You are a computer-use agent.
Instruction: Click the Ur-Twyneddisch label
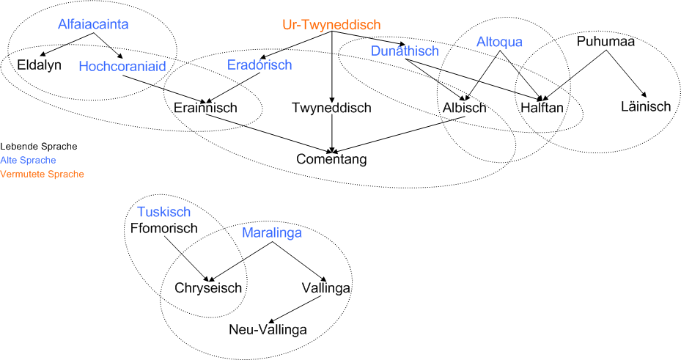[x=331, y=25]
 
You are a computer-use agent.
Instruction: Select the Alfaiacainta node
[x=93, y=24]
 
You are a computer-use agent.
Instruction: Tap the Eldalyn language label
[x=39, y=65]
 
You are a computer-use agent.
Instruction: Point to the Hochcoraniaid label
[x=122, y=67]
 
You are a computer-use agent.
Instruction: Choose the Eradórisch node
[x=259, y=65]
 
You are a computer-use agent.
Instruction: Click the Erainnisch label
[x=205, y=108]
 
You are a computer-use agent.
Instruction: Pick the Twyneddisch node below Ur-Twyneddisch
[x=331, y=108]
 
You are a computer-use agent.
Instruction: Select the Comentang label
[x=331, y=159]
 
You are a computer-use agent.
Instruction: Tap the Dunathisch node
[x=405, y=51]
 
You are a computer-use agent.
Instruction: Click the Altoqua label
[x=499, y=42]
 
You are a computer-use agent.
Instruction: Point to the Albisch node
[x=464, y=108]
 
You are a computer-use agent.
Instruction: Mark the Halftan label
[x=542, y=108]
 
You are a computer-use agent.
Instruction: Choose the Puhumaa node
[x=606, y=41]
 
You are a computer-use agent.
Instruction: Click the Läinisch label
[x=646, y=106]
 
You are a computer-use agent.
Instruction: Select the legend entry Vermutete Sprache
[x=42, y=175]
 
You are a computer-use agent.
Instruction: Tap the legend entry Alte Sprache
[x=29, y=161]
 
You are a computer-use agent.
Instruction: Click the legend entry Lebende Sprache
[x=39, y=147]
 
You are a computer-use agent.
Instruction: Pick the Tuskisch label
[x=164, y=212]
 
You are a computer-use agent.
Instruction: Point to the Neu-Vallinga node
[x=268, y=330]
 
